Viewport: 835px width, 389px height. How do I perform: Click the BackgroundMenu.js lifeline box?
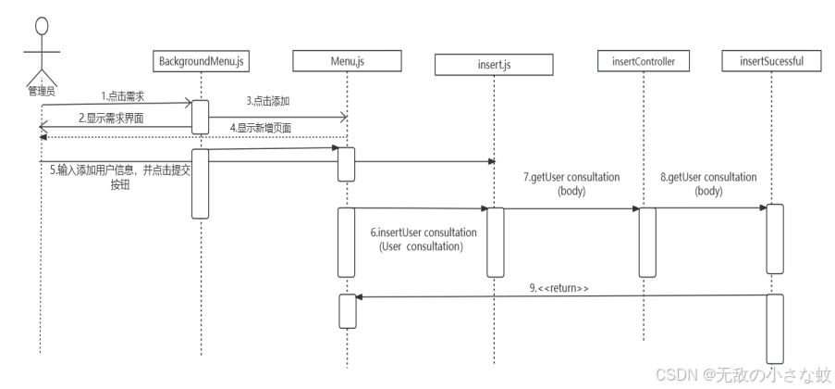(x=201, y=62)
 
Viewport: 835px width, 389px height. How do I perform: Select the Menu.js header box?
(x=347, y=62)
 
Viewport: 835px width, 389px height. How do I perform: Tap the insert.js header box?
(x=494, y=65)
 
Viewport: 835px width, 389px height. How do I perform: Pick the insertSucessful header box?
(x=772, y=62)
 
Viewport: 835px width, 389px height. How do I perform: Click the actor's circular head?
(x=41, y=25)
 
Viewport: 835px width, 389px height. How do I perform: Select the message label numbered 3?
(x=268, y=100)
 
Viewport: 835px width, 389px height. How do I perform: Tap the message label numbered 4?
(x=261, y=129)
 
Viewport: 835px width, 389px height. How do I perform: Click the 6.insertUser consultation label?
(x=426, y=240)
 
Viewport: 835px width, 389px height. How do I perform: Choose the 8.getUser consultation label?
(x=708, y=183)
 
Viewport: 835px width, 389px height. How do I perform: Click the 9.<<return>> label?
(x=559, y=289)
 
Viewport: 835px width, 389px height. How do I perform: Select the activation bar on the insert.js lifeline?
(x=496, y=241)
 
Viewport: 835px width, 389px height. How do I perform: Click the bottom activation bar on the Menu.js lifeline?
(x=347, y=311)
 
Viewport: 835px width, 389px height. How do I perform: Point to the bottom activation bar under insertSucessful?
(x=775, y=323)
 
